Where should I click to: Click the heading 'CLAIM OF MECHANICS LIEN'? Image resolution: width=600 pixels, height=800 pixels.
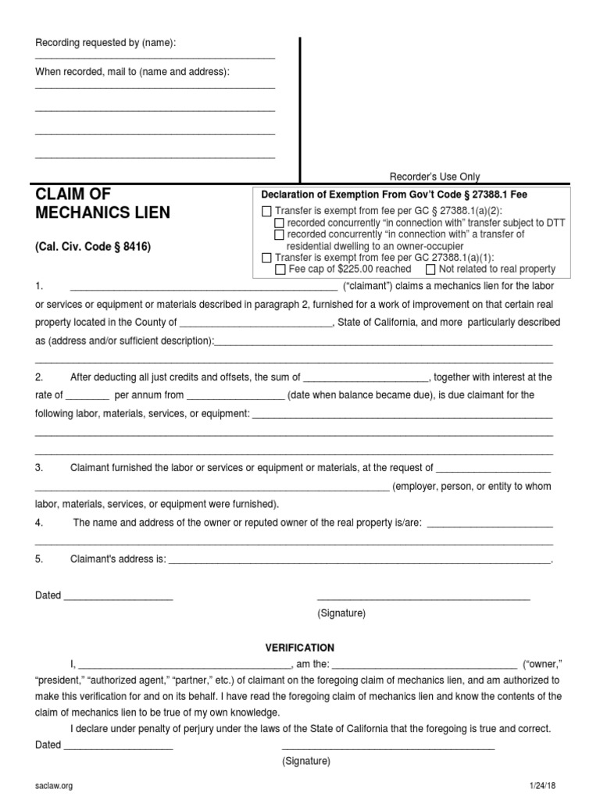tap(102, 202)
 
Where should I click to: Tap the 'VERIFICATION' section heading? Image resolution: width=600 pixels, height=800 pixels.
tap(300, 648)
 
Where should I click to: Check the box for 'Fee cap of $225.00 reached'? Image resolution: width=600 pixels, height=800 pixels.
tap(280, 270)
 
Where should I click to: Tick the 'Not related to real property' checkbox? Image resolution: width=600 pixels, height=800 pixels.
tap(430, 270)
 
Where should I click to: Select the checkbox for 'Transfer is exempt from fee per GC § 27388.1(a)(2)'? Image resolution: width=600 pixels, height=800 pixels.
tap(266, 211)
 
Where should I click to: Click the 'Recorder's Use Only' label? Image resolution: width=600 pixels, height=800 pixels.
tap(435, 177)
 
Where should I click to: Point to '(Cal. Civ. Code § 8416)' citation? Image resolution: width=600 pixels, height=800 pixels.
tap(92, 246)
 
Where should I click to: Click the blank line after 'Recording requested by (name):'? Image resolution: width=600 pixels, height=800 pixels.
tap(155, 58)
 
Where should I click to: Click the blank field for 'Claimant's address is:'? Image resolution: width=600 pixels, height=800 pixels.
tap(359, 560)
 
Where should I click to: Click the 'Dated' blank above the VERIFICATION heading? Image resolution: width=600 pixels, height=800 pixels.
tap(118, 597)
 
